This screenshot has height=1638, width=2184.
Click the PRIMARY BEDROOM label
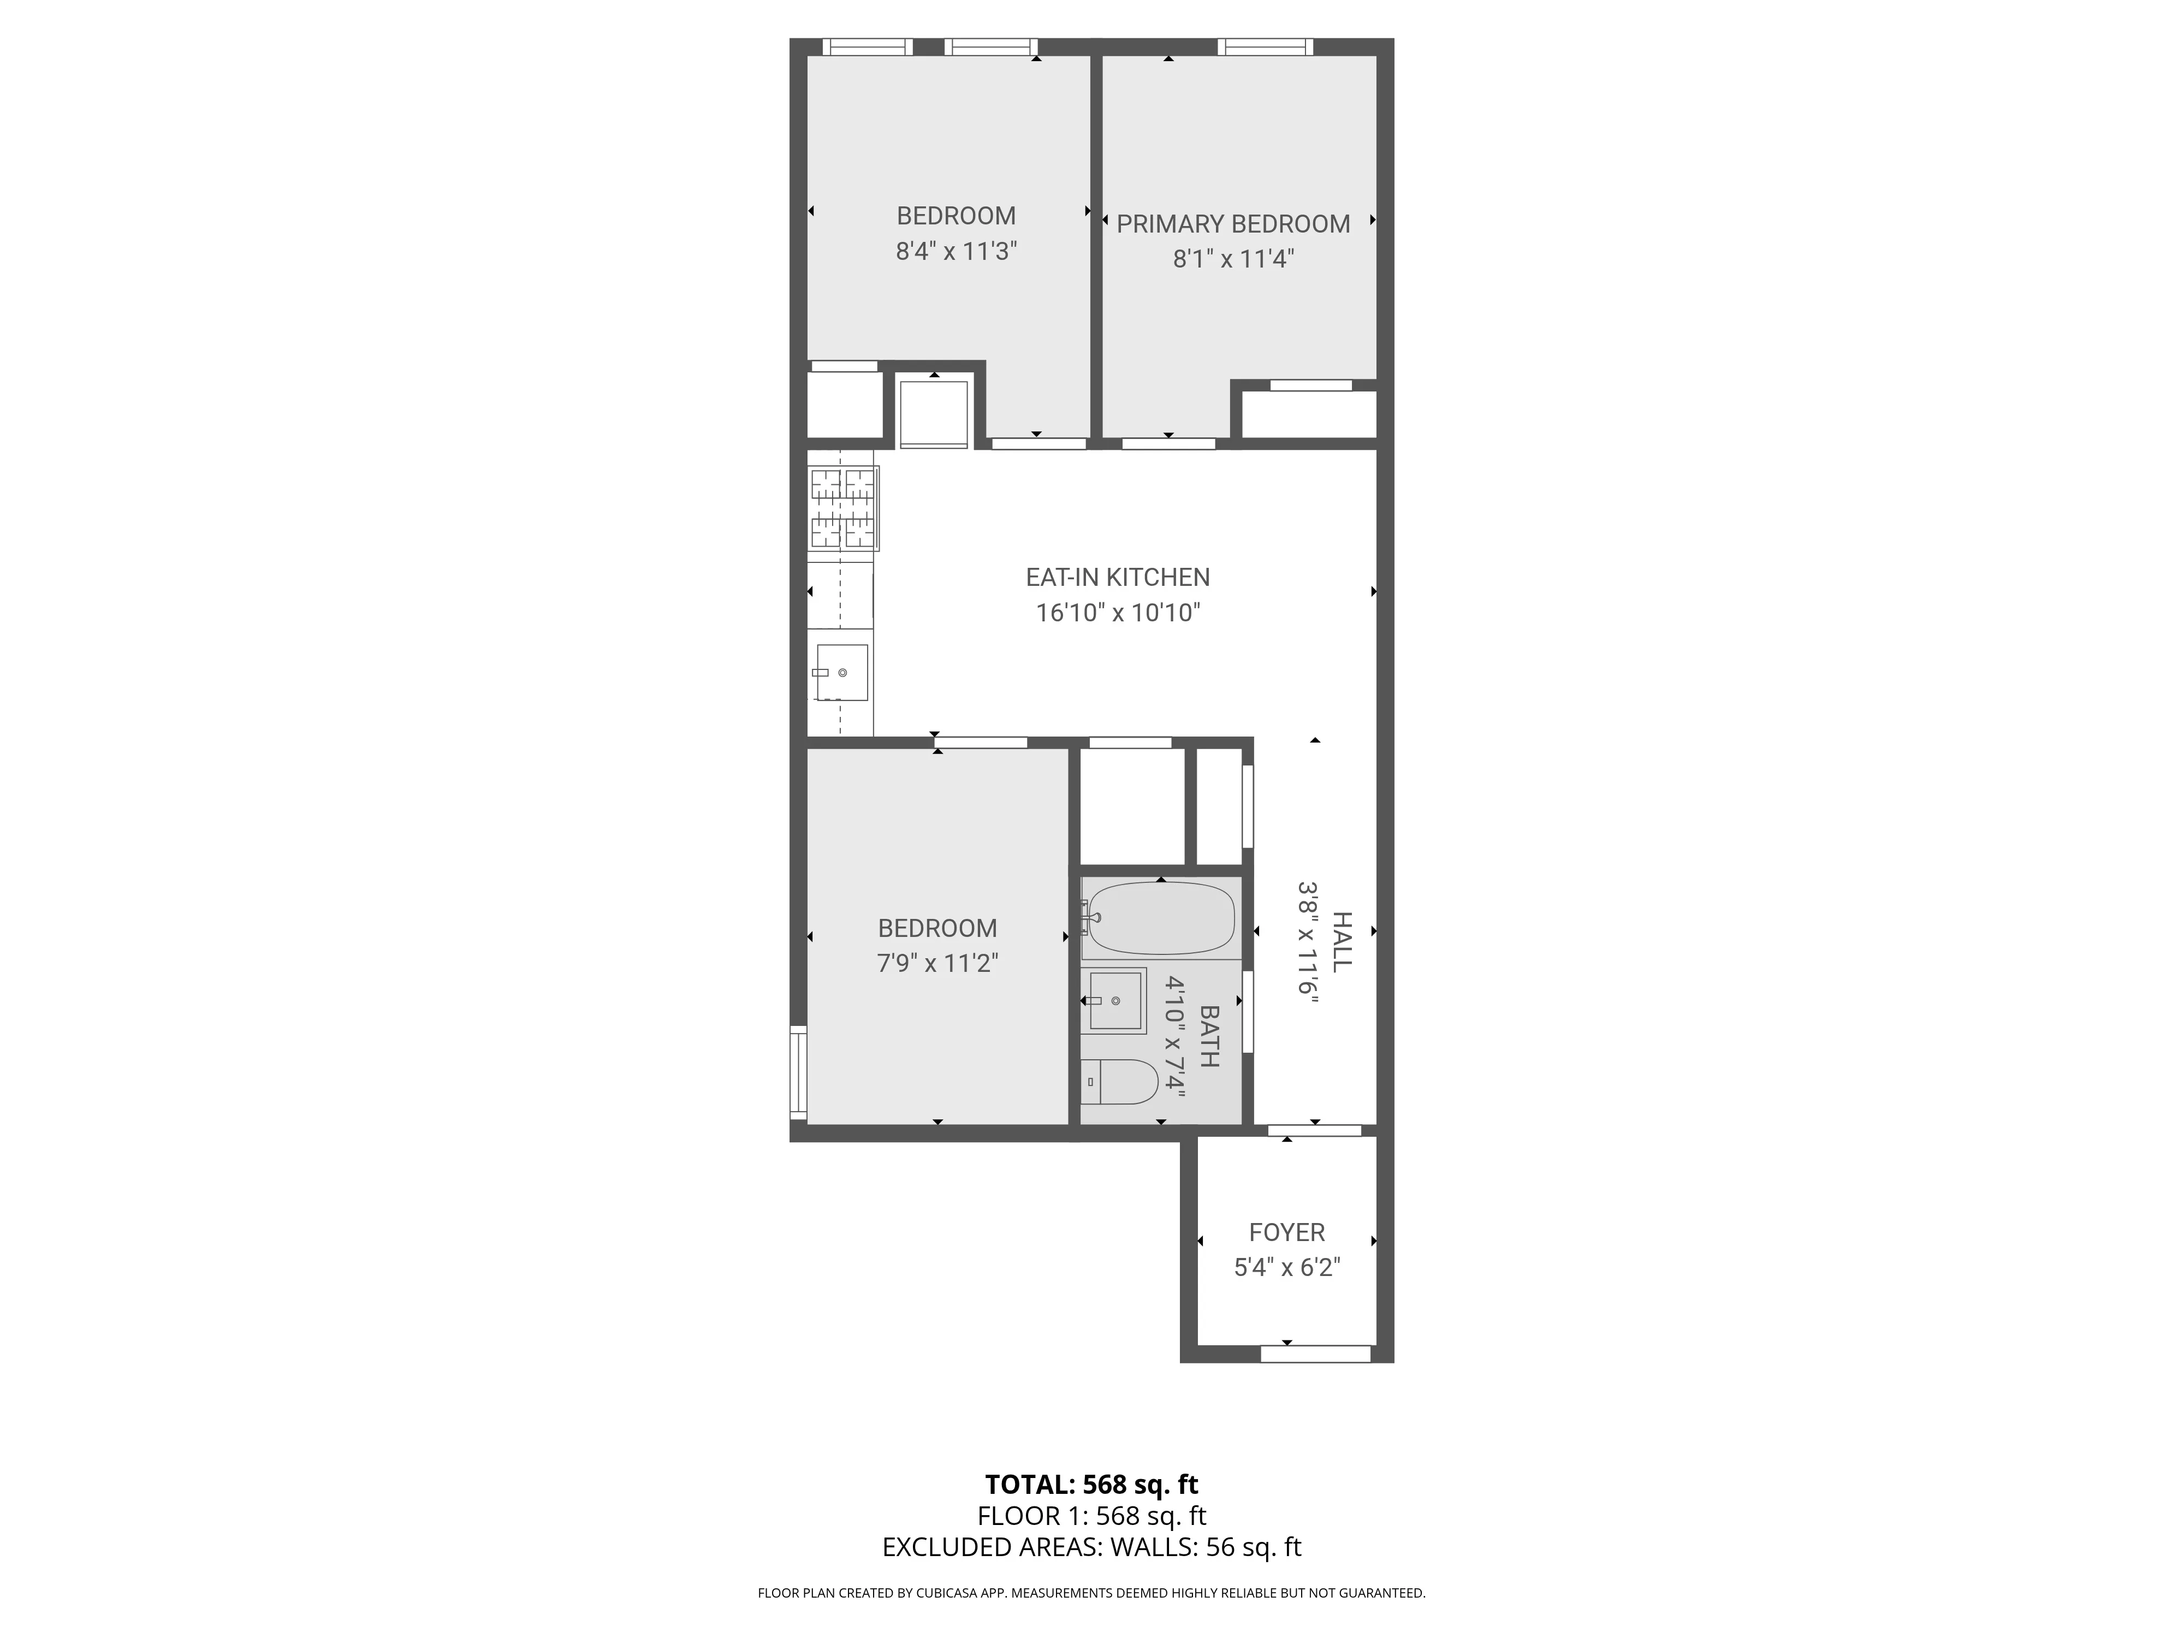point(1233,224)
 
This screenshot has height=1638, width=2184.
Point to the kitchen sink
point(841,672)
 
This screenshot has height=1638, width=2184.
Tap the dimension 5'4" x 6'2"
point(1286,1268)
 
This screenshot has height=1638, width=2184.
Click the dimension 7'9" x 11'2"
point(937,963)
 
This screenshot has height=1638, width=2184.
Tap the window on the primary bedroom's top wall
point(1265,46)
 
